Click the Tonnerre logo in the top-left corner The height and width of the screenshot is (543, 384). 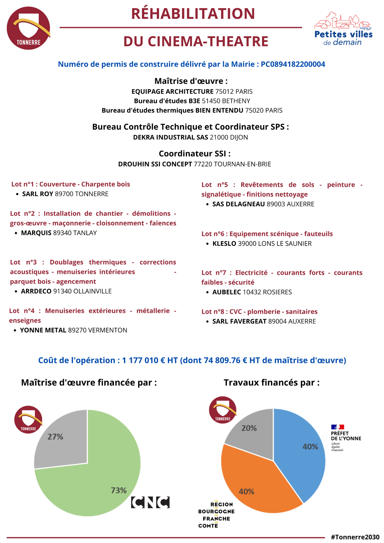pos(28,28)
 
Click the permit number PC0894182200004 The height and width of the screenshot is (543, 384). pos(293,64)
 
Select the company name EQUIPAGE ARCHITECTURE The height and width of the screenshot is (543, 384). pos(172,91)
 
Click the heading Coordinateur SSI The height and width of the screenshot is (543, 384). pos(195,154)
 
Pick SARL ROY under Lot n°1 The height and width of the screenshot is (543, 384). pos(38,194)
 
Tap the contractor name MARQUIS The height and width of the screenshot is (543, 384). pos(36,233)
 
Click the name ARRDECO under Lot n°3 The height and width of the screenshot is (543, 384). pos(36,291)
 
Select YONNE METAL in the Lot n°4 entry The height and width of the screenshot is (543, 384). pos(43,330)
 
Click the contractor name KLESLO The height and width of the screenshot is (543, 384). pos(224,244)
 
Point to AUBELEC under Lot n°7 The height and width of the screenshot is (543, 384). pos(227,292)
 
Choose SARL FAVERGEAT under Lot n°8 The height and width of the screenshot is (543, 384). pos(239,321)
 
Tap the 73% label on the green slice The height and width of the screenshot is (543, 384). pos(119,490)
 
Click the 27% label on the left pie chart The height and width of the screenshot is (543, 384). pos(55,437)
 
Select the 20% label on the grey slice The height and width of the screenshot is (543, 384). pos(249,428)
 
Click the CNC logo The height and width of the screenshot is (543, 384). pos(150,502)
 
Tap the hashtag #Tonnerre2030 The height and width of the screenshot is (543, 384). pos(355,537)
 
